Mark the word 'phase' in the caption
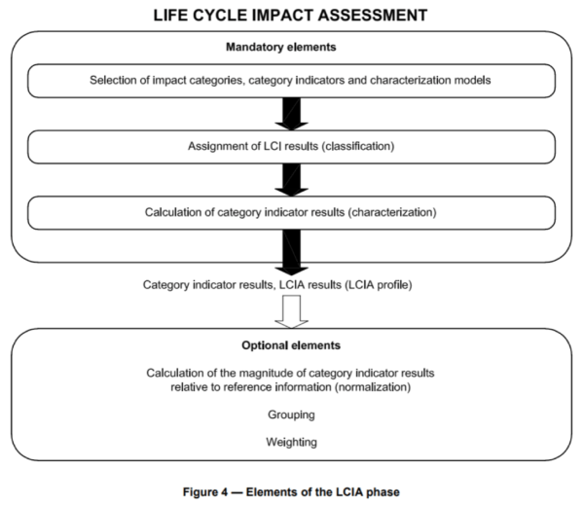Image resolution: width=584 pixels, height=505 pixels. (383, 491)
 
